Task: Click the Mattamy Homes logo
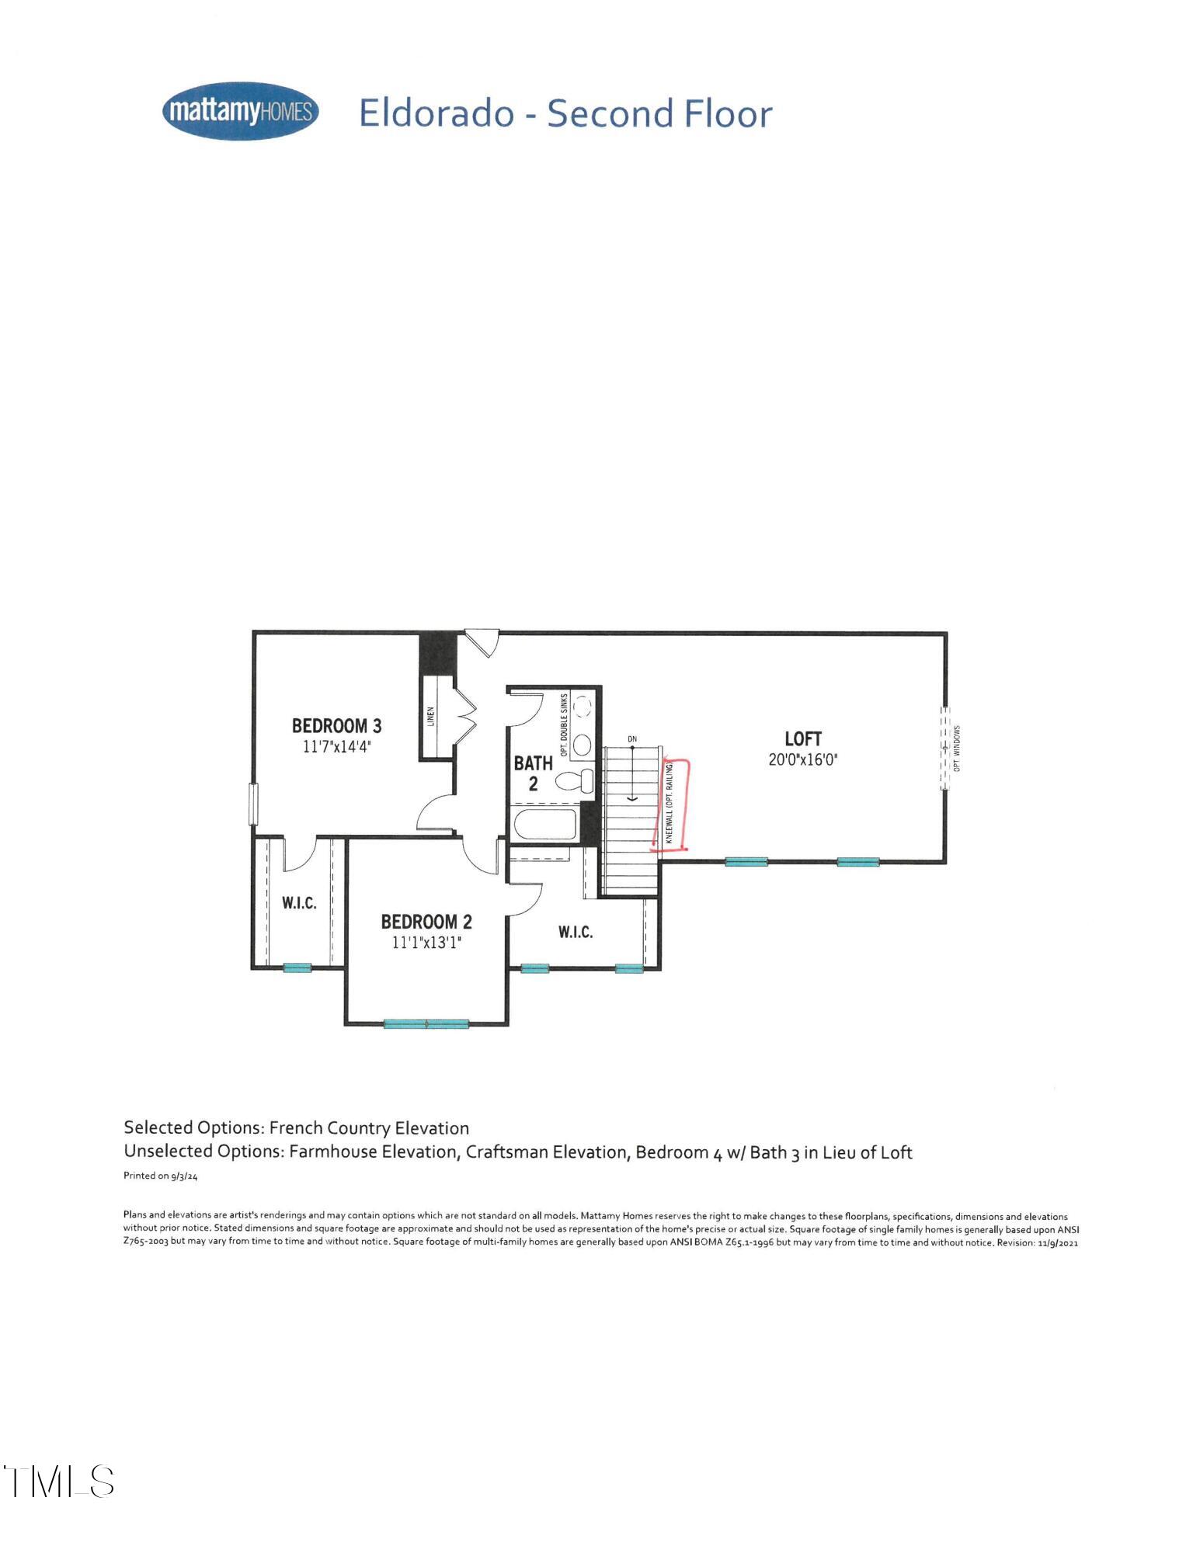(240, 111)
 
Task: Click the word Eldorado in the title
(437, 113)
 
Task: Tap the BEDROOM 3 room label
(336, 725)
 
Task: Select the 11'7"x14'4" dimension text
(336, 747)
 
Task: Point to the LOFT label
(802, 738)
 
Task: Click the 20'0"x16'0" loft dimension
(802, 759)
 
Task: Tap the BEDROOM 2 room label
(426, 922)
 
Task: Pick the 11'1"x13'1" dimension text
(426, 943)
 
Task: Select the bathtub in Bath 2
(544, 825)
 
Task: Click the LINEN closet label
(430, 716)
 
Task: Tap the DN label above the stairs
(632, 738)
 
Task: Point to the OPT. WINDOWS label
(957, 749)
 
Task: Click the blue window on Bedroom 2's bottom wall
(426, 1024)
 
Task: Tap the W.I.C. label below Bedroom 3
(299, 903)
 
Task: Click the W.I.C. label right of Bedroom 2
(576, 932)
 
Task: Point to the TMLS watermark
(58, 1481)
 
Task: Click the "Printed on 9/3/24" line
(161, 1176)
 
